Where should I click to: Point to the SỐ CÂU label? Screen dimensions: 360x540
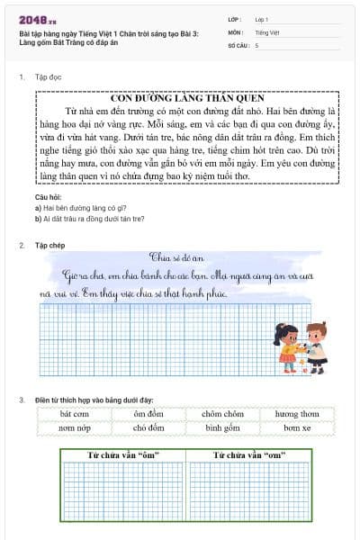pos(238,44)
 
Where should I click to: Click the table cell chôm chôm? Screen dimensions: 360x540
pos(223,414)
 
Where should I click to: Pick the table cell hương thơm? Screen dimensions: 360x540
pos(297,414)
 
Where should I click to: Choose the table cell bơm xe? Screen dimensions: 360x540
pos(297,428)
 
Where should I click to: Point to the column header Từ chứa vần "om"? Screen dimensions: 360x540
pos(248,456)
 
